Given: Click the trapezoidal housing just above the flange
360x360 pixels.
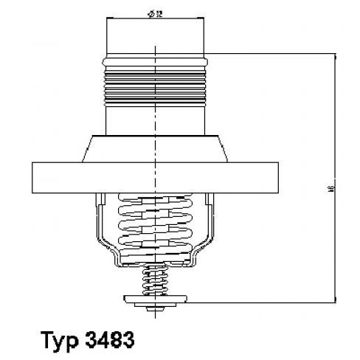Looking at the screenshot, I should tap(157, 148).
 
